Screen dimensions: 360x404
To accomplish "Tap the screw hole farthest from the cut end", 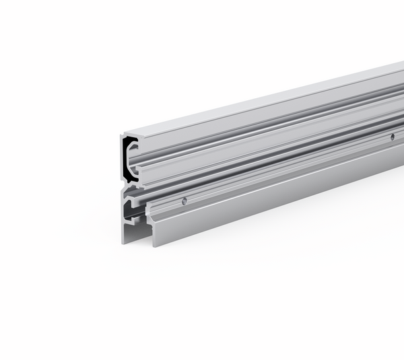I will [x=392, y=137].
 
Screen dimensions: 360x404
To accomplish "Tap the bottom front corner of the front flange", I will [x=154, y=244].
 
